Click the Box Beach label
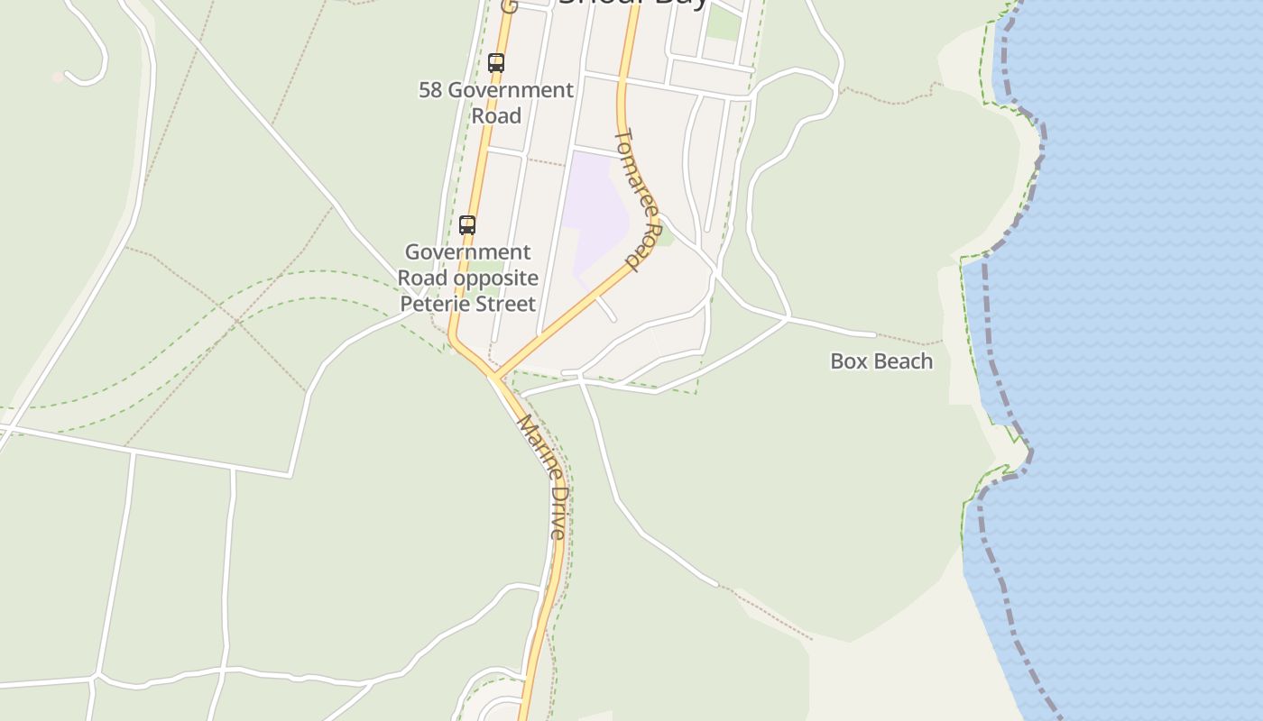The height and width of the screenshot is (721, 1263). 880,361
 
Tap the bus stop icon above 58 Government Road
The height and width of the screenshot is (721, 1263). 495,63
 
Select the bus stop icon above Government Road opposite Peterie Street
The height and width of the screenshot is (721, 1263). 466,225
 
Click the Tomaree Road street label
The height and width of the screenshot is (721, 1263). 640,200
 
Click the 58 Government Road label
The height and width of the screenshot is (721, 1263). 495,103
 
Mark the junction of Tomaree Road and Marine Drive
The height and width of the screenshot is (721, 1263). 493,375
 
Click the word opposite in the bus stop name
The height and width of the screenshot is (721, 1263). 495,278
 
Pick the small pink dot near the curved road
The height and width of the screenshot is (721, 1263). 58,78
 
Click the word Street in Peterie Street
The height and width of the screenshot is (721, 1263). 508,304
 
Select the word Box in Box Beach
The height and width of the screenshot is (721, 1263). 845,361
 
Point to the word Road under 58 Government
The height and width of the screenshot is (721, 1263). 496,116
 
